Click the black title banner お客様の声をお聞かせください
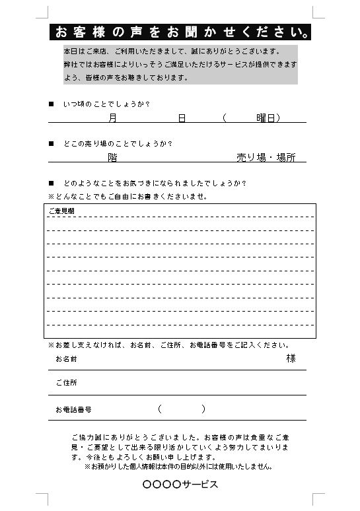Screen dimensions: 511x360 180,31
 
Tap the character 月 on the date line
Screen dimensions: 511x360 112,118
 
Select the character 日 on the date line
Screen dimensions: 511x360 181,118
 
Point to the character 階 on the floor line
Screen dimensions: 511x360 112,157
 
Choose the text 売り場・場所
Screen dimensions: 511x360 266,157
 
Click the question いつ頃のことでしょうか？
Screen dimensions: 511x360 106,104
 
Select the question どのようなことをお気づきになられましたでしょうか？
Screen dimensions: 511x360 159,183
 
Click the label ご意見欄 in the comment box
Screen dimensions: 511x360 61,211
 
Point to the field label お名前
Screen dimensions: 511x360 66,359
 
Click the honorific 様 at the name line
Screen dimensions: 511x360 291,358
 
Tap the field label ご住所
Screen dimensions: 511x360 66,383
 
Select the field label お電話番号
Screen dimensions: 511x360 73,409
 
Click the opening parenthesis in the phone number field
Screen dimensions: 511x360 160,409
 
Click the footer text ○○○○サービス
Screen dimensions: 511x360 180,485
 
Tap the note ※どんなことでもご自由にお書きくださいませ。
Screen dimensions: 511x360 127,196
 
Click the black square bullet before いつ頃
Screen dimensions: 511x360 52,104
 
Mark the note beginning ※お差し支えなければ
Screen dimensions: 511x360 168,345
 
